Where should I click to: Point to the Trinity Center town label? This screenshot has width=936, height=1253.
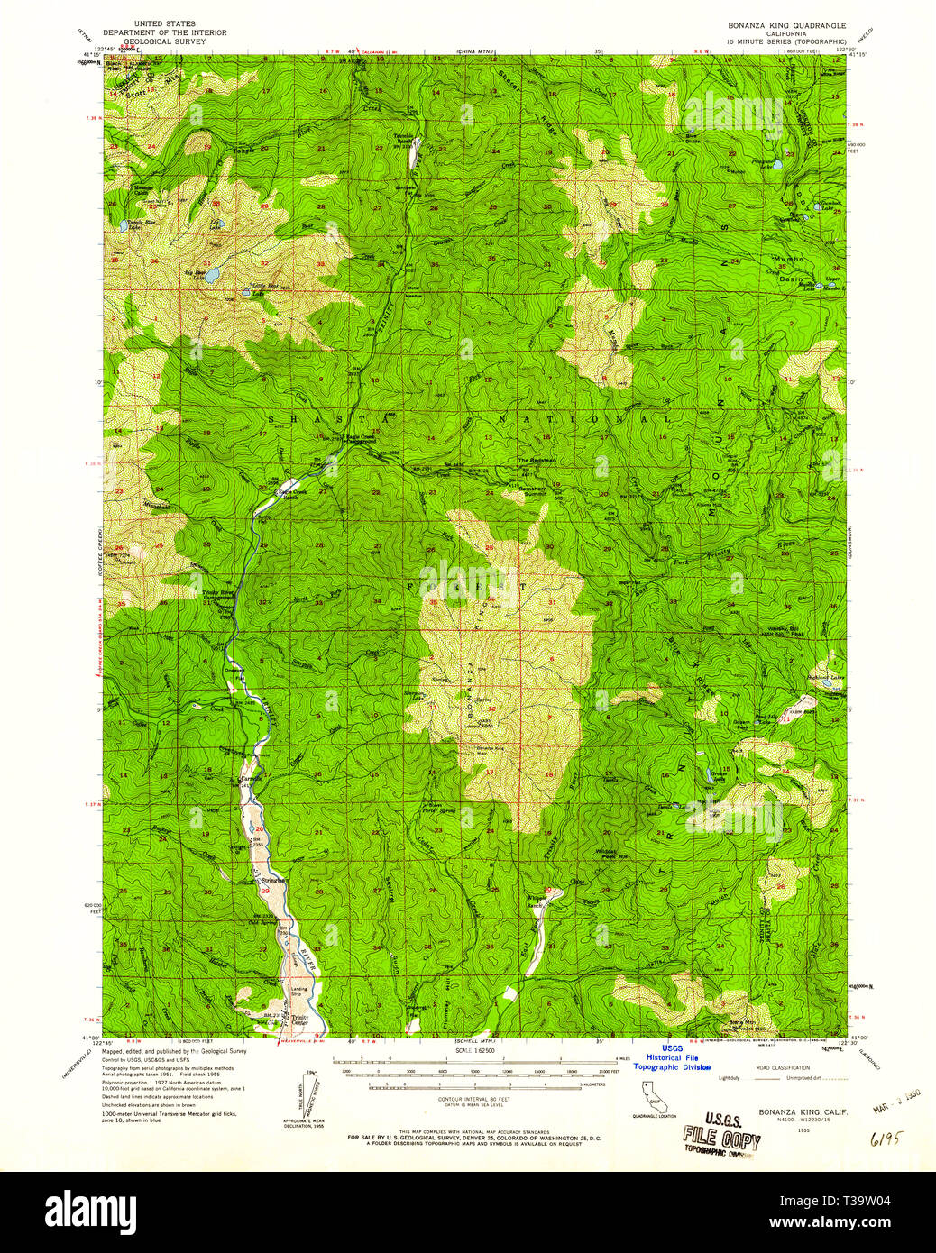coord(299,1020)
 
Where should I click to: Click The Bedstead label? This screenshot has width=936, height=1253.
coord(533,461)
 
